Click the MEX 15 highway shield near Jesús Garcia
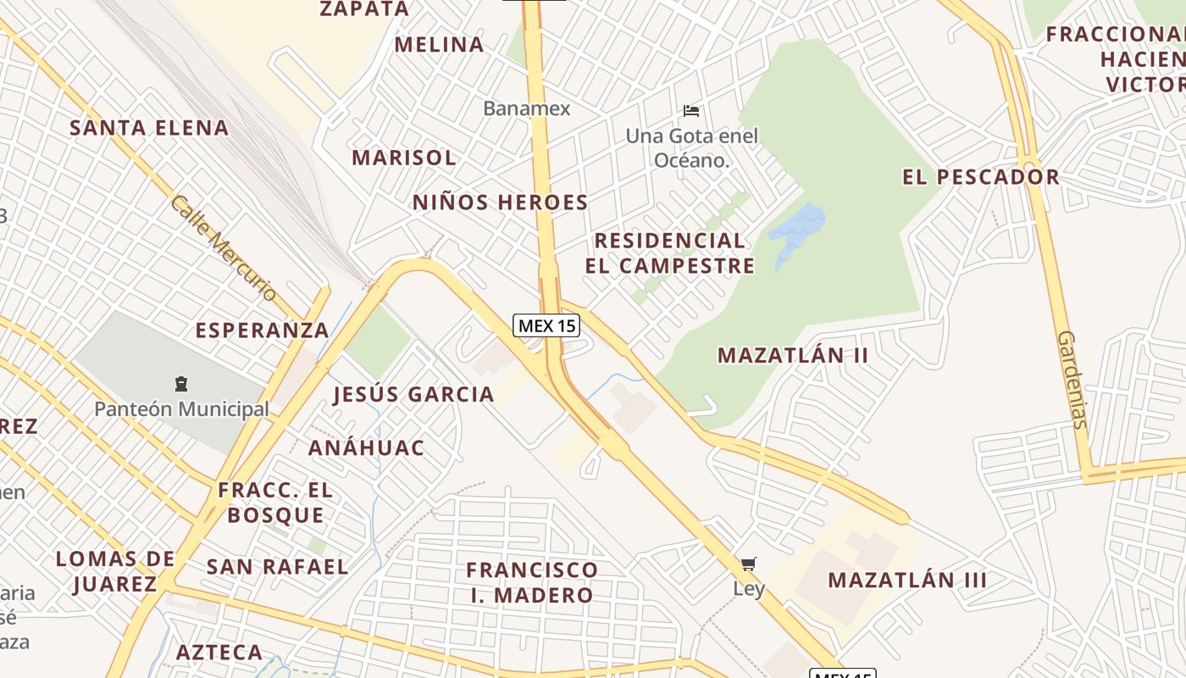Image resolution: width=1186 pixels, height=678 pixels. point(546,325)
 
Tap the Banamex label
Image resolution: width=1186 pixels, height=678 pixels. point(527,108)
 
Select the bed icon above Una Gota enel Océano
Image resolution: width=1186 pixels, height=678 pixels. point(691,110)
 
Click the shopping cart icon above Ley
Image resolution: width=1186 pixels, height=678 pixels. point(748,564)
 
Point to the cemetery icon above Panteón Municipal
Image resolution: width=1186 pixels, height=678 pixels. point(180,384)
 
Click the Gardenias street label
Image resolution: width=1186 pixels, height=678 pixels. point(1072,379)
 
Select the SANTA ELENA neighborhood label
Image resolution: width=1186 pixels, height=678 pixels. point(149,128)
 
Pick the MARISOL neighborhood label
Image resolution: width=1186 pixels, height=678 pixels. point(404,158)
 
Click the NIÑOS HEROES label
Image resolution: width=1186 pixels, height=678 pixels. point(500,203)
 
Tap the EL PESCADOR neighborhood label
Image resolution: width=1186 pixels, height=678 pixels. point(980,177)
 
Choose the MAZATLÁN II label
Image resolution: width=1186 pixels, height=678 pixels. point(793,355)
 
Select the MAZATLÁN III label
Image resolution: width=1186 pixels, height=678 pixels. point(907,581)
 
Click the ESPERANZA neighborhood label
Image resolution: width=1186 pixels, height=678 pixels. point(262,331)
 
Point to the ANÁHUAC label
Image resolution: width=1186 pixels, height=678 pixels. point(366,447)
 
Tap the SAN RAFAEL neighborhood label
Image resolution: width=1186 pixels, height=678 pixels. point(277,567)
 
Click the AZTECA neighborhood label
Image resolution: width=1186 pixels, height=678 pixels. point(219,653)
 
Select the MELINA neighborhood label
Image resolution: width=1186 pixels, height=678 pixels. point(439,45)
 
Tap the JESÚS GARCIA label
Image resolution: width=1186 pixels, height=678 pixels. point(413,394)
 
